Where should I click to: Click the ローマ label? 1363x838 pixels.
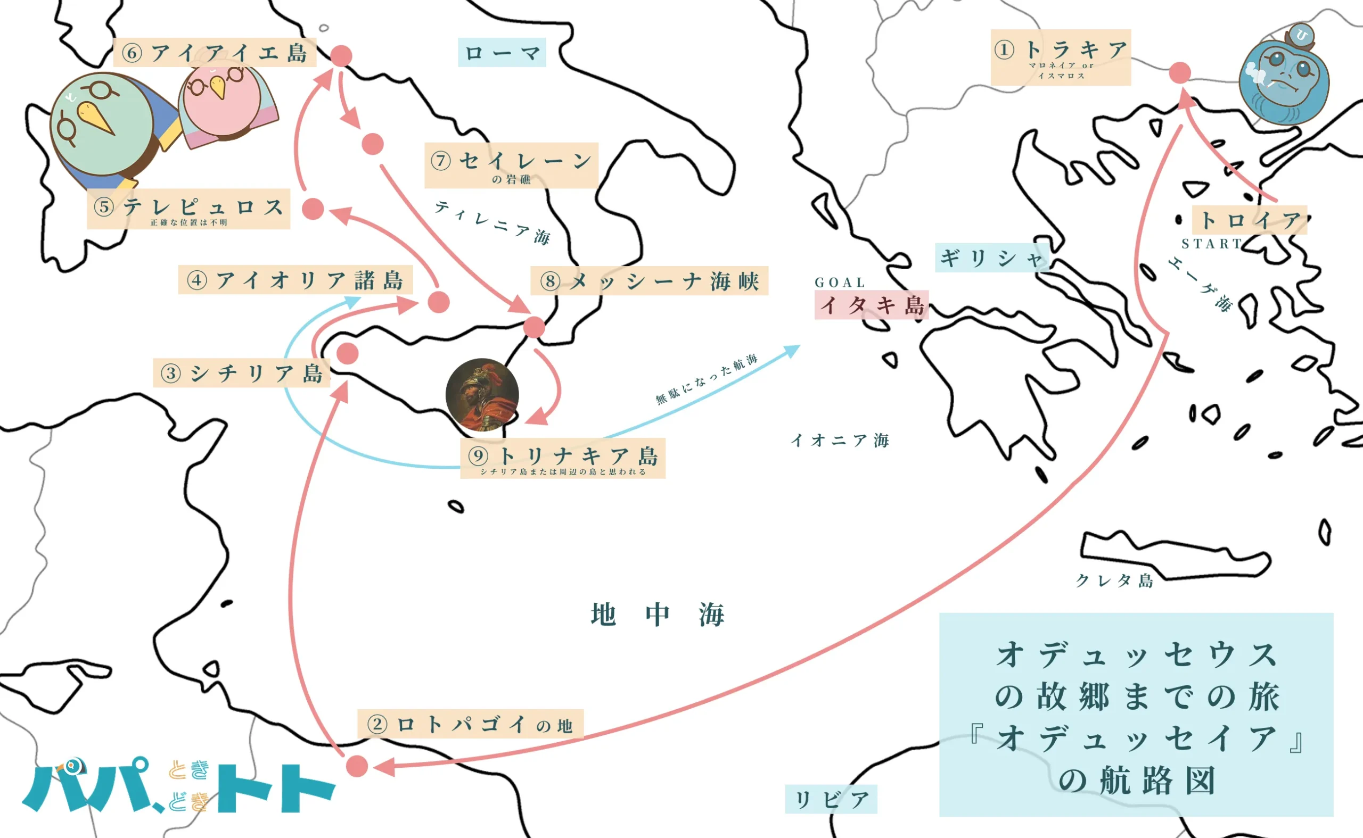[x=502, y=53]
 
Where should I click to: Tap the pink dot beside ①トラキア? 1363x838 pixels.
[x=1179, y=72]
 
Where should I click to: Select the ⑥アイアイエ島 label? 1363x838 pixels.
[x=215, y=53]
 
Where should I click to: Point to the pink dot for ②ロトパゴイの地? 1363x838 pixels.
[x=357, y=766]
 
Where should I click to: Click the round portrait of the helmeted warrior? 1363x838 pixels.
[x=482, y=395]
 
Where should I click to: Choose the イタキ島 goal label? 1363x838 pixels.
[x=871, y=305]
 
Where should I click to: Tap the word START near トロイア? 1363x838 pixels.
[x=1212, y=244]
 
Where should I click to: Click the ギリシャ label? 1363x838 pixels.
[x=991, y=258]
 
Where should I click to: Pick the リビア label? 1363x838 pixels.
[x=831, y=800]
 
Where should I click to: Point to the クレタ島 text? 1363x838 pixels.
[x=1114, y=580]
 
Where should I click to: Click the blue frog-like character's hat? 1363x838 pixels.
[x=1301, y=37]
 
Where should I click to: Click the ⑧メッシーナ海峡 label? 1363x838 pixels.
[x=649, y=281]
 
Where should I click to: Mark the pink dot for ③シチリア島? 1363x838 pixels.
[x=348, y=353]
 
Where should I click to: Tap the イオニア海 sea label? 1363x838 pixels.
[x=840, y=441]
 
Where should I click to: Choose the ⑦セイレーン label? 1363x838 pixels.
[x=511, y=165]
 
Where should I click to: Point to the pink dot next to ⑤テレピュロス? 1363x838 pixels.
[x=313, y=209]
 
